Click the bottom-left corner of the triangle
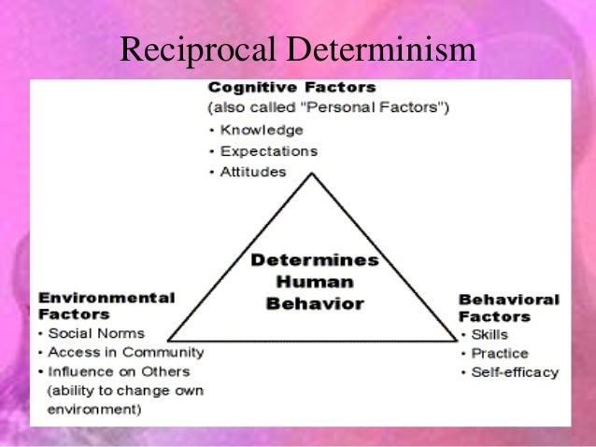coord(168,339)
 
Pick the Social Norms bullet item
coord(96,333)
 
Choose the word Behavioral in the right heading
coord(508,300)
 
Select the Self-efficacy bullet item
coord(514,372)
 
